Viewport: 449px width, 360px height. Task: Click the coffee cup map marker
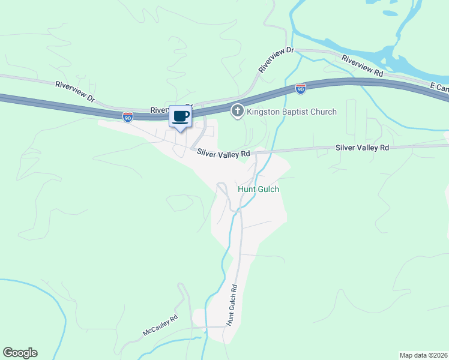click(180, 116)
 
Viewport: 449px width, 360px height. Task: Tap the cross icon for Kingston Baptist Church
click(238, 111)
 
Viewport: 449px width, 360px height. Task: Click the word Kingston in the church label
click(265, 112)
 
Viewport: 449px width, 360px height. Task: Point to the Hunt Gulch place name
click(259, 189)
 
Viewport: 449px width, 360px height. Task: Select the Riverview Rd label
click(363, 65)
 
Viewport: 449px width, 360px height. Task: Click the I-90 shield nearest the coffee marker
click(128, 117)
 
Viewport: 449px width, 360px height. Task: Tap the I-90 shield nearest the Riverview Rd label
click(301, 89)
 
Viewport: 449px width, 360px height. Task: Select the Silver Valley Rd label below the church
click(223, 154)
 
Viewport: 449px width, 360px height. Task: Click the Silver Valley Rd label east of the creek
click(362, 147)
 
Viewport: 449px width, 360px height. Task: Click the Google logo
click(20, 353)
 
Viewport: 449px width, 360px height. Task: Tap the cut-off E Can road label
click(439, 88)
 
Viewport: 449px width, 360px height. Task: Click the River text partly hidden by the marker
click(159, 110)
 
